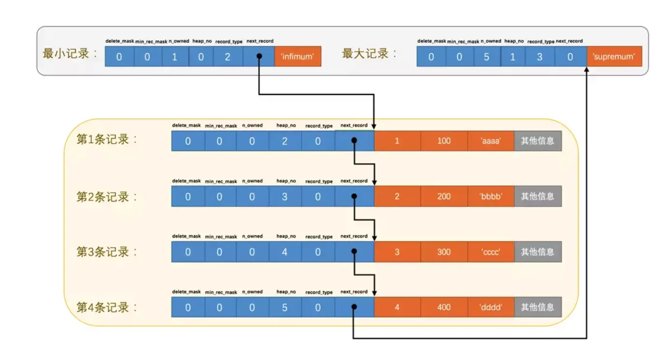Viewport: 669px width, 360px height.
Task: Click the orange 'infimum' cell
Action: tap(298, 57)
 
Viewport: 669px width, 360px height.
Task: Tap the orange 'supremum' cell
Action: tap(614, 57)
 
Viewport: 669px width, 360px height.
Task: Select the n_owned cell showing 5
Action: tap(486, 57)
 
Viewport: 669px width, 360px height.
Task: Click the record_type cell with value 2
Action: tap(228, 57)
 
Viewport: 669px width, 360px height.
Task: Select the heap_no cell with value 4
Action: tap(285, 252)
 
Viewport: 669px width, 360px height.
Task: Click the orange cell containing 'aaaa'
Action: tap(491, 141)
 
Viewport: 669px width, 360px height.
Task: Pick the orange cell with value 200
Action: tap(444, 196)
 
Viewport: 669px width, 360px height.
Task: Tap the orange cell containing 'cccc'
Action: tap(491, 252)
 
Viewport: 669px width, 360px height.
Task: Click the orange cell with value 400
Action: tap(444, 307)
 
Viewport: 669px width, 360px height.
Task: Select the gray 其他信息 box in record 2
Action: tap(537, 196)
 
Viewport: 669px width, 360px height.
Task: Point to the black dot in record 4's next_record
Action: tap(354, 307)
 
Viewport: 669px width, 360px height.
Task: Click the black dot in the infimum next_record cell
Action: tap(259, 57)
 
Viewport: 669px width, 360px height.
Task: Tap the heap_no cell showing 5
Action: tap(285, 307)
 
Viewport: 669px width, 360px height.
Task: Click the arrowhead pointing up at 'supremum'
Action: tap(587, 71)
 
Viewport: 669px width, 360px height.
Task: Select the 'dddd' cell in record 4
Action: tap(491, 307)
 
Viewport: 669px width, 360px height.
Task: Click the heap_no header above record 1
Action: tap(286, 125)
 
